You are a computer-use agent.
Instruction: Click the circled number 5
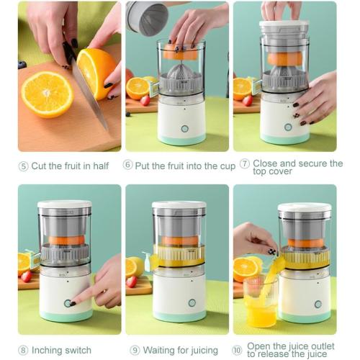click(x=23, y=166)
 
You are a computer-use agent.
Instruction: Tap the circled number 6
click(x=128, y=165)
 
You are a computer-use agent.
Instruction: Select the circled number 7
click(x=245, y=164)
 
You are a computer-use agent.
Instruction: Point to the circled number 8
click(x=23, y=351)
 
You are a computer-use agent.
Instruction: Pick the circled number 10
click(x=238, y=351)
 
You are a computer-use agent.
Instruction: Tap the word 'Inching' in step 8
click(x=49, y=351)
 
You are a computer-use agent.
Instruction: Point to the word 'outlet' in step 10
click(x=323, y=346)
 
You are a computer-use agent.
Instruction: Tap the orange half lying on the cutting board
click(x=47, y=94)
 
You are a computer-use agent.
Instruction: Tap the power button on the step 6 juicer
click(x=184, y=128)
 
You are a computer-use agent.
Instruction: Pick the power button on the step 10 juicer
click(x=318, y=304)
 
